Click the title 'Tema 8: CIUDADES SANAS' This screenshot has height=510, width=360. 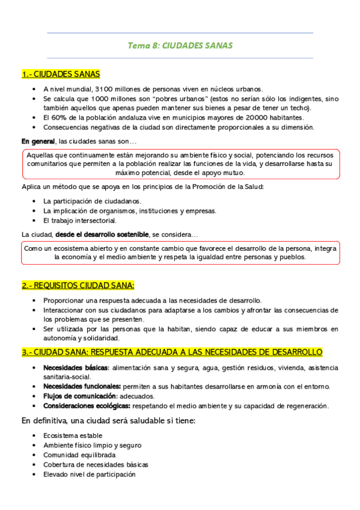click(x=180, y=46)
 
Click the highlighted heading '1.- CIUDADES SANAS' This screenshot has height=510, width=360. click(x=61, y=75)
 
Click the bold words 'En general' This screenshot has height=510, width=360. click(x=38, y=141)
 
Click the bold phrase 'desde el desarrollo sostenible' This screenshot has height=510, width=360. click(x=102, y=234)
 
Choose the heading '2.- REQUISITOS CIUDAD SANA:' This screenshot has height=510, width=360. click(x=78, y=285)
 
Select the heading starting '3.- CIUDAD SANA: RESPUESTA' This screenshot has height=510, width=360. click(x=172, y=352)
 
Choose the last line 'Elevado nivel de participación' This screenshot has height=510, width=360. click(x=90, y=474)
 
